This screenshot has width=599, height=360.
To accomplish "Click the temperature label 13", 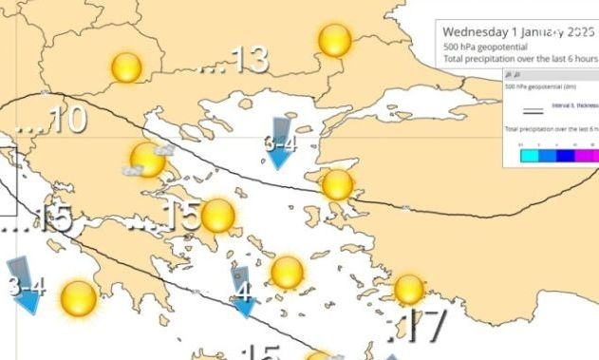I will pyautogui.click(x=248, y=60).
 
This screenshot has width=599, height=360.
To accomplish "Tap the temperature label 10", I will pyautogui.click(x=64, y=120).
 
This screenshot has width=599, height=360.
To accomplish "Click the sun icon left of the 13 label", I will pyautogui.click(x=126, y=67).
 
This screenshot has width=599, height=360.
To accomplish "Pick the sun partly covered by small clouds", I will pyautogui.click(x=146, y=161).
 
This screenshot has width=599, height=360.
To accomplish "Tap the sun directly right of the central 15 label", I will pyautogui.click(x=217, y=217).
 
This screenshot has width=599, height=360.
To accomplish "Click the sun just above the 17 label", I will pyautogui.click(x=408, y=289).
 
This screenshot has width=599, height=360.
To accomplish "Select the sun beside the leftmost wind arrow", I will pyautogui.click(x=78, y=298).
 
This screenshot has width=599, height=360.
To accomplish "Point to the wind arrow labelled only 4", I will pyautogui.click(x=243, y=292).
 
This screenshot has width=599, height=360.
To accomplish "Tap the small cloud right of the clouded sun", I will pyautogui.click(x=165, y=149).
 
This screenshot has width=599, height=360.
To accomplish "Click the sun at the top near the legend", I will pyautogui.click(x=335, y=41).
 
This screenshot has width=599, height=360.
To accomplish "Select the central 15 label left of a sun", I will pyautogui.click(x=177, y=217).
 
